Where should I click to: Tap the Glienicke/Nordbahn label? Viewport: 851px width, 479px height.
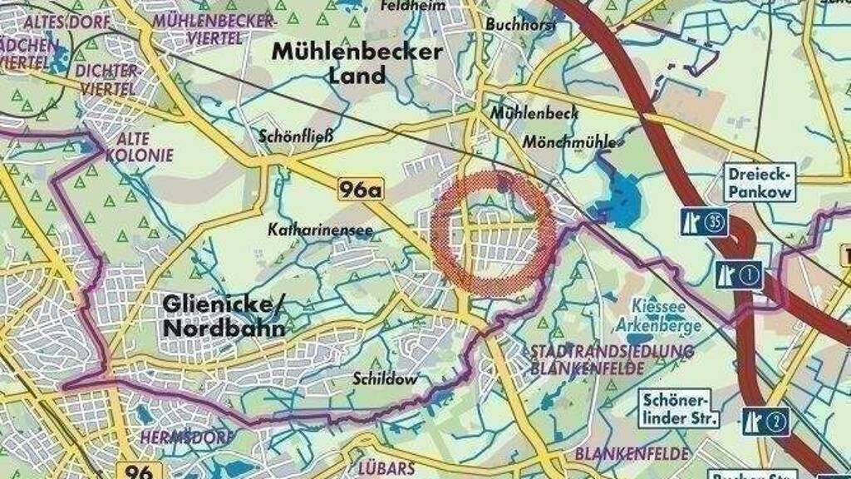pos(224,315)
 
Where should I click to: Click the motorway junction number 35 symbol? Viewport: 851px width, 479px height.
pos(703,222)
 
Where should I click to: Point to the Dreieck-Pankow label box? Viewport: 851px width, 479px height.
pos(760,182)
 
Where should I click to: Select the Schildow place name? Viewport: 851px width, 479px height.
pos(383,378)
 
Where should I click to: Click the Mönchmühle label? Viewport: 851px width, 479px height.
pos(569,142)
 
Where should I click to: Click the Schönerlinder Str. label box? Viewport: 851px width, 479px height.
pos(679,408)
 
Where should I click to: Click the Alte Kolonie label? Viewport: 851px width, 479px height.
pos(145,147)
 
